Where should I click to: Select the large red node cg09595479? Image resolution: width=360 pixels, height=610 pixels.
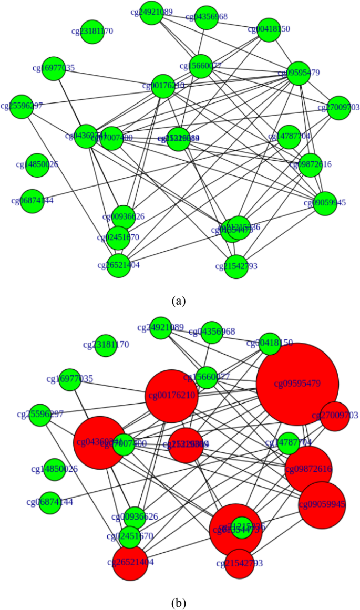(297, 384)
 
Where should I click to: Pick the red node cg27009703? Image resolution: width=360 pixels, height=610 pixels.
(335, 416)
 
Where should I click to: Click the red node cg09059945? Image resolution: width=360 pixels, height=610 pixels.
(322, 505)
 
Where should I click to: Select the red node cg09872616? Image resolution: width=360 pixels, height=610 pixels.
(308, 469)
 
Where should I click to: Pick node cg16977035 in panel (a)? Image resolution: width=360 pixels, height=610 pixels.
(54, 68)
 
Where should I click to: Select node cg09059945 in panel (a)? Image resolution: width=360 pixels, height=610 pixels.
(325, 203)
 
